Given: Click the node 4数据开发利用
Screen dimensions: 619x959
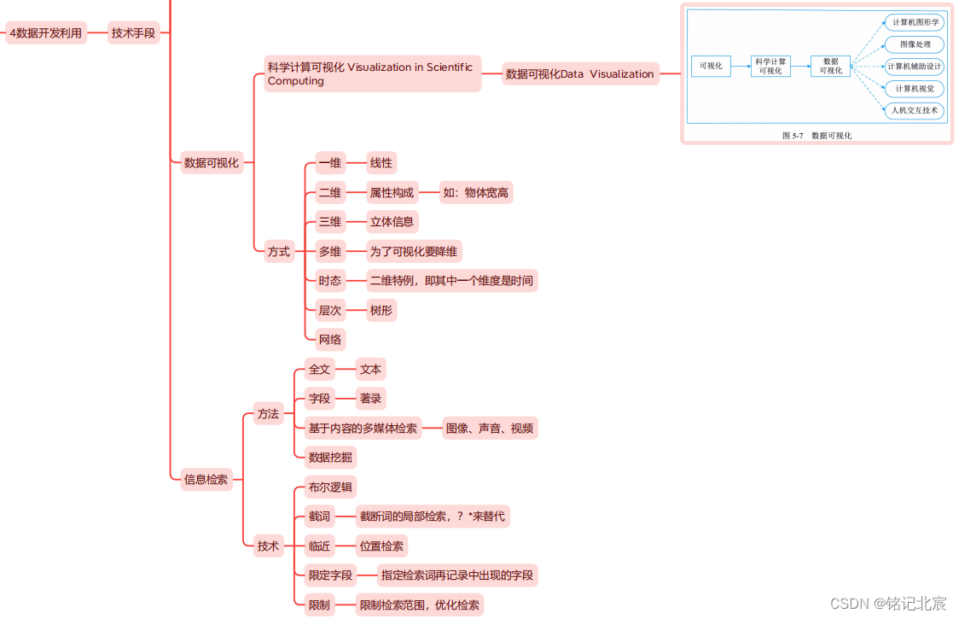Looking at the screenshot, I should [x=46, y=33].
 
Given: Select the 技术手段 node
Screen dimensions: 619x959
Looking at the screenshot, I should [x=134, y=33].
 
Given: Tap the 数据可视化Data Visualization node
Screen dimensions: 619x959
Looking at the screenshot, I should [x=579, y=74].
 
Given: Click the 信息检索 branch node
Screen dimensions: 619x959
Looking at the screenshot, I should [x=206, y=479].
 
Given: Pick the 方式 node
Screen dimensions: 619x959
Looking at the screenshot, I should [x=279, y=251].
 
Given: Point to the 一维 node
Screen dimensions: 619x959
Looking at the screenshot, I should [x=329, y=162].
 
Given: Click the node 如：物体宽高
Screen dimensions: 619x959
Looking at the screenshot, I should [x=475, y=192].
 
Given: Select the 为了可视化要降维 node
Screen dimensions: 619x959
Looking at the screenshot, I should [x=414, y=251].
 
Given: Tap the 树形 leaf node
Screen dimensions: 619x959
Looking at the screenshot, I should [x=381, y=310].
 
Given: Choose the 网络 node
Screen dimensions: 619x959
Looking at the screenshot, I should [x=329, y=339].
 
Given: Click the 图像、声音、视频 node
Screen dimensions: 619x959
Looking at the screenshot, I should [x=490, y=428].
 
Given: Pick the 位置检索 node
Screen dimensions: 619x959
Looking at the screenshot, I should [x=381, y=546].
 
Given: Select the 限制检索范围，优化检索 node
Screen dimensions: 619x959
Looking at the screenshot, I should [x=420, y=604].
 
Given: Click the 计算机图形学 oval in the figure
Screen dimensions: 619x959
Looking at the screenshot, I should [x=915, y=22].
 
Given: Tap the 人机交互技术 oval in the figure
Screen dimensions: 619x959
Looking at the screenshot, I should [x=915, y=110].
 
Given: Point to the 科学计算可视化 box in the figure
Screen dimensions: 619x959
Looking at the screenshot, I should [x=770, y=66].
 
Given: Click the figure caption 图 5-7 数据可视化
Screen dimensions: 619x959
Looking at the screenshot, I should [x=817, y=135].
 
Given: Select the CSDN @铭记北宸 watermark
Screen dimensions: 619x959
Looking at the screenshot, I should [x=887, y=603].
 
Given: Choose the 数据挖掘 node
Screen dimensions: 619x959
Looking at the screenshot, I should [x=330, y=457].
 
